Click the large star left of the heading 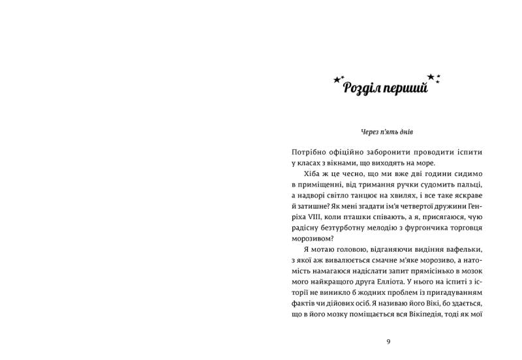tap(337, 80)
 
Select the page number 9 tap(388, 341)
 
